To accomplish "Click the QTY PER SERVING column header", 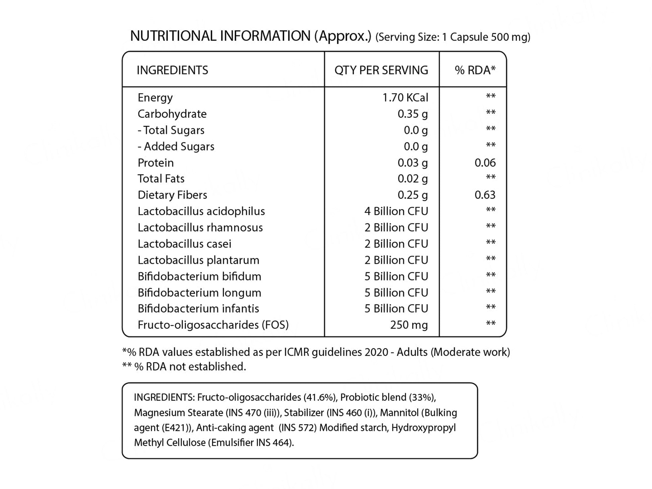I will (381, 70).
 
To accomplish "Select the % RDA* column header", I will (475, 70).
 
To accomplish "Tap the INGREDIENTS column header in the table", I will (172, 70).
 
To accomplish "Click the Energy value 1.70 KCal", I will (405, 98).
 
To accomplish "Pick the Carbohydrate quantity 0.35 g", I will (412, 114).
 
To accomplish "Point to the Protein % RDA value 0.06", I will (485, 163).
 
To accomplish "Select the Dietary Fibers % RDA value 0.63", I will (485, 195).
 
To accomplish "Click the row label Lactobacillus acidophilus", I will (201, 211).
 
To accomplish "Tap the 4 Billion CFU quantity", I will (396, 211).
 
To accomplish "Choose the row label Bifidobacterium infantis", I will (198, 308).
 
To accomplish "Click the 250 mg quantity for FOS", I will (409, 325).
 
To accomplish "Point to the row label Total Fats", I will (161, 179).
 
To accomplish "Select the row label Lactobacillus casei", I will (184, 244).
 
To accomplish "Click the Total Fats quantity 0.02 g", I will (412, 179).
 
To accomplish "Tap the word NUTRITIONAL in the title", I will (173, 36).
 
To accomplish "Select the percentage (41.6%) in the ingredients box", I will (320, 398).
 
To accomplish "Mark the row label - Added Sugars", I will (176, 146).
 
